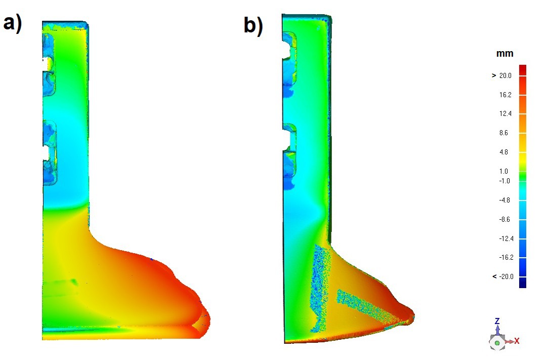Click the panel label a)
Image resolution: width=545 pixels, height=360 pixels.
tap(13, 24)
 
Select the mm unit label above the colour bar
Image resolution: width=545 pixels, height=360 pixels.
tap(505, 54)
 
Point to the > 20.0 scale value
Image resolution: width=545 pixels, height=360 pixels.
tap(502, 75)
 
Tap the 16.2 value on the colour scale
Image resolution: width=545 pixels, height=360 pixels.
tap(506, 95)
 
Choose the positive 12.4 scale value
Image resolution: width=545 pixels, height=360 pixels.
tap(506, 113)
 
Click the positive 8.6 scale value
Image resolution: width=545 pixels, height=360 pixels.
tap(504, 133)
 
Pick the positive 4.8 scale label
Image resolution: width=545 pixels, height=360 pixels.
tap(504, 152)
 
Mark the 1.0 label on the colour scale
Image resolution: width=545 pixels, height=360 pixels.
tap(504, 171)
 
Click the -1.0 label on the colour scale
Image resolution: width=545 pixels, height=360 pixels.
tap(505, 181)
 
